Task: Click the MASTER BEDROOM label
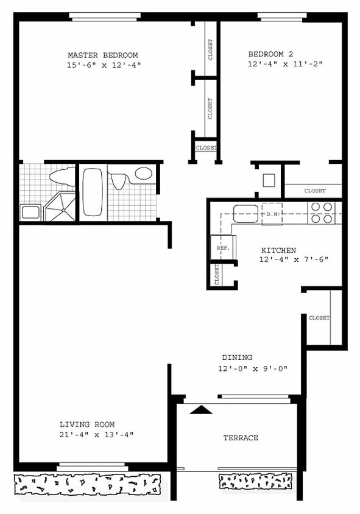click(102, 55)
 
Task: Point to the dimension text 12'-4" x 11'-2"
click(284, 63)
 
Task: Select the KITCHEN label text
click(278, 250)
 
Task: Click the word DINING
click(237, 357)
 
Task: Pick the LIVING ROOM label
click(86, 424)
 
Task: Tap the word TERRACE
click(240, 438)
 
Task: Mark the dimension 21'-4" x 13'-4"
click(96, 434)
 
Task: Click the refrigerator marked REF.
click(222, 248)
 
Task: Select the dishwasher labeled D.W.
click(272, 214)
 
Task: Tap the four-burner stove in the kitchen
click(322, 213)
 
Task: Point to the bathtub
click(93, 191)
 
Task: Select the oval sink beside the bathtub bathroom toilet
click(143, 174)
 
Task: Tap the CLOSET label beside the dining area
click(319, 318)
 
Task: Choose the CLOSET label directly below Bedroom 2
click(314, 191)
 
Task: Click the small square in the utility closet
click(268, 180)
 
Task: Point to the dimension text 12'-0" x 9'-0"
click(252, 368)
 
